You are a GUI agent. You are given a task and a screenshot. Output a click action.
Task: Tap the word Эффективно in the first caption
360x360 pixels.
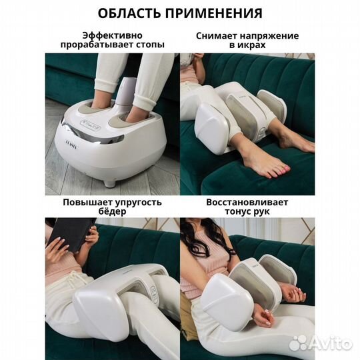coord(111,35)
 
